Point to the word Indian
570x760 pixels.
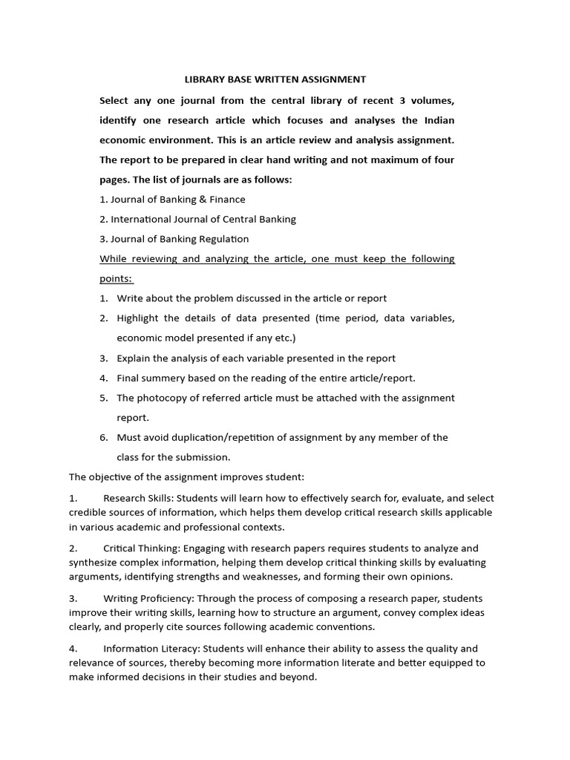coord(438,120)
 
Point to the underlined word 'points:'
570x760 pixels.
coord(116,278)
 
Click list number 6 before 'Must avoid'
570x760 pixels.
coord(104,437)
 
